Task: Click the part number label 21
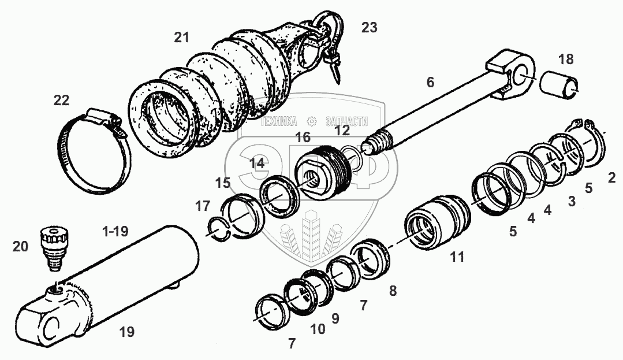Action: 181,38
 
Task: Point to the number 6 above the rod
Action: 430,82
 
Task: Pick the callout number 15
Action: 222,183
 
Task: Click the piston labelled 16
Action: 321,171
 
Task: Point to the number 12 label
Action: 342,131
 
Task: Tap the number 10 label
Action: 317,329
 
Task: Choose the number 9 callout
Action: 335,318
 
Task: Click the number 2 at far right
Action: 611,178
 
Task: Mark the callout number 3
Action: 572,201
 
